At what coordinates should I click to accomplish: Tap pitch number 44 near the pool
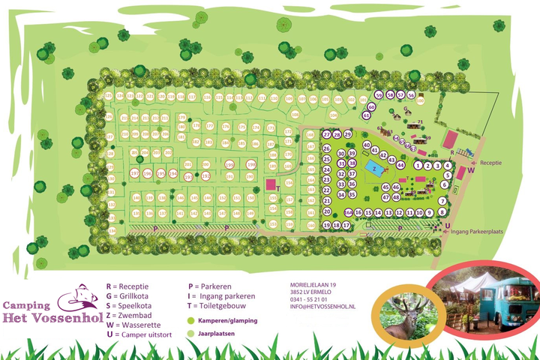401,164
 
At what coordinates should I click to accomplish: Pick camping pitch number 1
417,165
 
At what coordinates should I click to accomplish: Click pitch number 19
326,225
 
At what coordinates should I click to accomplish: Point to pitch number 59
379,96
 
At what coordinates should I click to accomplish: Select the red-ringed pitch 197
135,173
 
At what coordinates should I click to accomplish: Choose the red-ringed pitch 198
229,165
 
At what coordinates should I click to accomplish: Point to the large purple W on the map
472,170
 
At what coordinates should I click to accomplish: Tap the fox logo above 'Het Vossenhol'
81,294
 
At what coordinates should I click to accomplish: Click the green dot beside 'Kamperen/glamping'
192,320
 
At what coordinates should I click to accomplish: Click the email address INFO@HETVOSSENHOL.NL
323,307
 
